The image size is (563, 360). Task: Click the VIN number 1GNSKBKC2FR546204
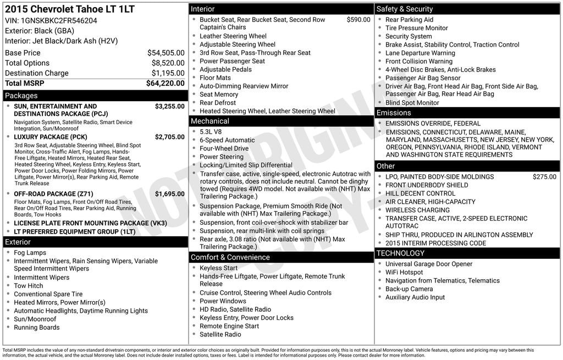59,21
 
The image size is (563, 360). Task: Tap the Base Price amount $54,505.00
166,53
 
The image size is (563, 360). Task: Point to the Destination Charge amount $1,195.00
168,73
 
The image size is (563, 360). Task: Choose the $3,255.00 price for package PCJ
170,107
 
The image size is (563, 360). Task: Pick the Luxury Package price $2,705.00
170,137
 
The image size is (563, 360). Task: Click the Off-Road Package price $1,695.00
170,194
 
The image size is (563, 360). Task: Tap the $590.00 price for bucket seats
358,20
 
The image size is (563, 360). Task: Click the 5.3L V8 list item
211,132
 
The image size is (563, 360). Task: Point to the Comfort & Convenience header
223,257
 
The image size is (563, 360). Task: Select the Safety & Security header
405,9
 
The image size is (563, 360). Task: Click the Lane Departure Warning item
420,53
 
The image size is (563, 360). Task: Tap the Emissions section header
394,113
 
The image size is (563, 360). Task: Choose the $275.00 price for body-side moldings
544,177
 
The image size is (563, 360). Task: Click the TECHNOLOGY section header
400,253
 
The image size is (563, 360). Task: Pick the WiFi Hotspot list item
404,273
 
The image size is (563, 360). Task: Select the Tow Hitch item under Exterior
29,286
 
